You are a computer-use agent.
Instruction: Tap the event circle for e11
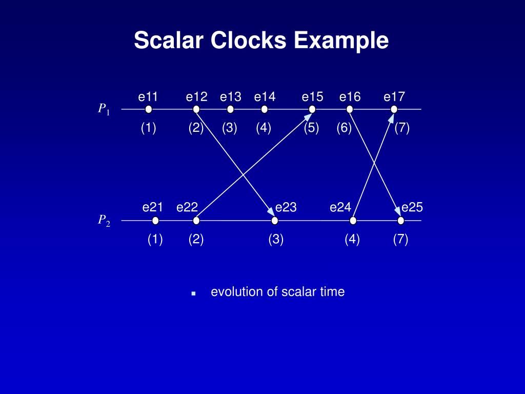click(149, 109)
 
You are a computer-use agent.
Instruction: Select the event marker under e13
click(230, 109)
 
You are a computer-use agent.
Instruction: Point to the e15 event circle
click(312, 109)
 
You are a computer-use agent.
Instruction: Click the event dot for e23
click(275, 221)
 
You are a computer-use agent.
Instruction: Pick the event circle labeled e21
click(155, 221)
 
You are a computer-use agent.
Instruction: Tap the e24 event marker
click(353, 221)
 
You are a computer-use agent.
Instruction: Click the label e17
click(394, 96)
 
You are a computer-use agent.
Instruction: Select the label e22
click(187, 207)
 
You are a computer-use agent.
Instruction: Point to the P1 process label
click(104, 109)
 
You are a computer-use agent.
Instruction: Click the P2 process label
click(104, 220)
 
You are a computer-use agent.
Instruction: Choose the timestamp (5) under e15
click(311, 128)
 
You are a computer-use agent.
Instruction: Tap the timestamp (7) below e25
click(400, 240)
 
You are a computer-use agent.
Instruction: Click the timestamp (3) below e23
click(276, 240)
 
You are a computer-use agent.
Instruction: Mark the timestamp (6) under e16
click(344, 128)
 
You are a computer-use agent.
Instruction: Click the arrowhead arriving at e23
click(271, 211)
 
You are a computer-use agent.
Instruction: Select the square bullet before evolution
click(193, 293)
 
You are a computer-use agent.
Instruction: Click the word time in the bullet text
click(333, 292)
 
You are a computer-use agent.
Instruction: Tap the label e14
click(265, 96)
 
